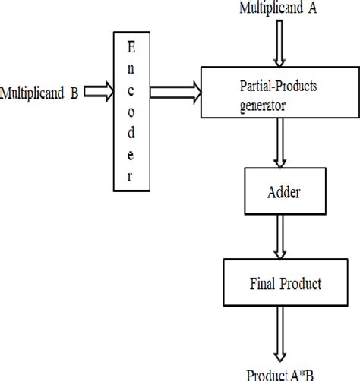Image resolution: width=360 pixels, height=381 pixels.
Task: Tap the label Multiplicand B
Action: [x=39, y=93]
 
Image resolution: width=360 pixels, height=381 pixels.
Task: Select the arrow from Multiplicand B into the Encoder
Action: [x=98, y=93]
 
